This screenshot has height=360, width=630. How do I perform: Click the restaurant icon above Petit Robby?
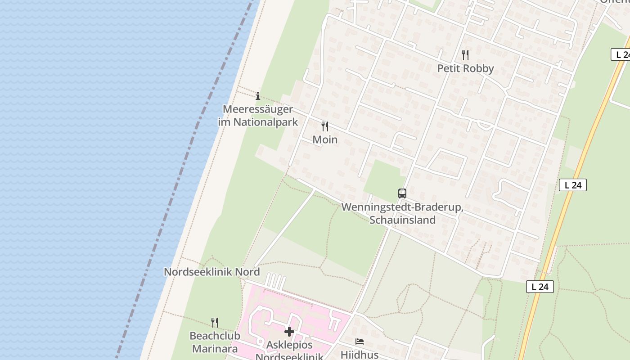465,55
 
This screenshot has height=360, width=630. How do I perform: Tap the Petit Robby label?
465,68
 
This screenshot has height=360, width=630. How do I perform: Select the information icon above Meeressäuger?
258,96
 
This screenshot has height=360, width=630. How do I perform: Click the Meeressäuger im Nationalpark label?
258,116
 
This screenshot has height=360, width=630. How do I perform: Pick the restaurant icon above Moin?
325,126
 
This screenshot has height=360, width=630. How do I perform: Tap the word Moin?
325,139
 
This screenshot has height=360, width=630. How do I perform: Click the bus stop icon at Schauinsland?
402,193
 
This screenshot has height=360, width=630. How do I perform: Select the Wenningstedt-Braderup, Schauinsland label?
402,214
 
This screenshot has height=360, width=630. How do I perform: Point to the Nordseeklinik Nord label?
211,272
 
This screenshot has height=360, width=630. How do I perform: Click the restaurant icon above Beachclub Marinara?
215,322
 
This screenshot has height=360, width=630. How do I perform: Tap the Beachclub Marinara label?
215,342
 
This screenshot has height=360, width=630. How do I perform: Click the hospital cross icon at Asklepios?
289,332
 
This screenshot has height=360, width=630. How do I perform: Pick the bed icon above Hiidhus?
359,341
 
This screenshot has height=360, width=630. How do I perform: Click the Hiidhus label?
359,355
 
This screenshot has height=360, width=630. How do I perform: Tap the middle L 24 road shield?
572,185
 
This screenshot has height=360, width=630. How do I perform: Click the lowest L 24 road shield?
540,287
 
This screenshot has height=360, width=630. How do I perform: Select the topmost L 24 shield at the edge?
621,54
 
